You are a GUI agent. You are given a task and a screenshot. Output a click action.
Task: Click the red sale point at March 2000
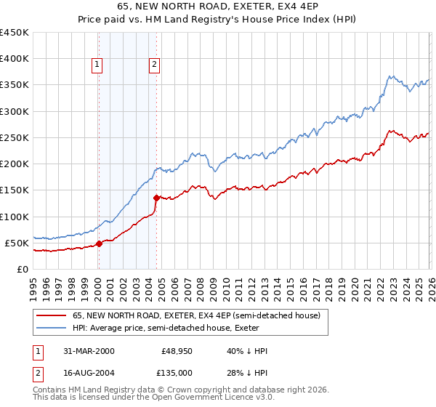100,243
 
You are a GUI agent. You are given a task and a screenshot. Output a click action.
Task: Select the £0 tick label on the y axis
23,269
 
